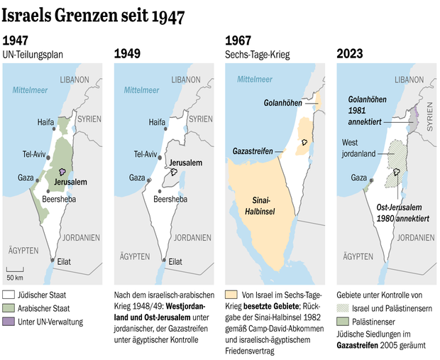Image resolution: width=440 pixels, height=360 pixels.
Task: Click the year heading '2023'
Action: point(349,53)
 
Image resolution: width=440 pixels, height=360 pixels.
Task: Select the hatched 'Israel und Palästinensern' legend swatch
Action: point(342,307)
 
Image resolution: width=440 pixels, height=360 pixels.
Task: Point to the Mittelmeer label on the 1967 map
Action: point(254,80)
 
